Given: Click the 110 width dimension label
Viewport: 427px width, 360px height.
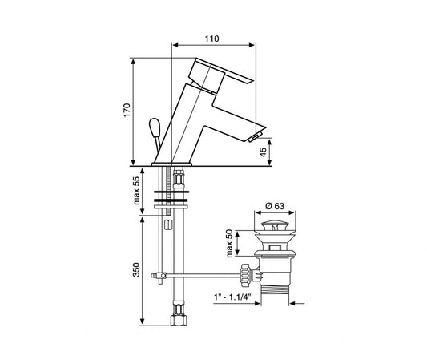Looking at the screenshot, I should (x=211, y=38).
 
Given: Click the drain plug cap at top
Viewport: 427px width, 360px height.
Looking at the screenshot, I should (x=274, y=224).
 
